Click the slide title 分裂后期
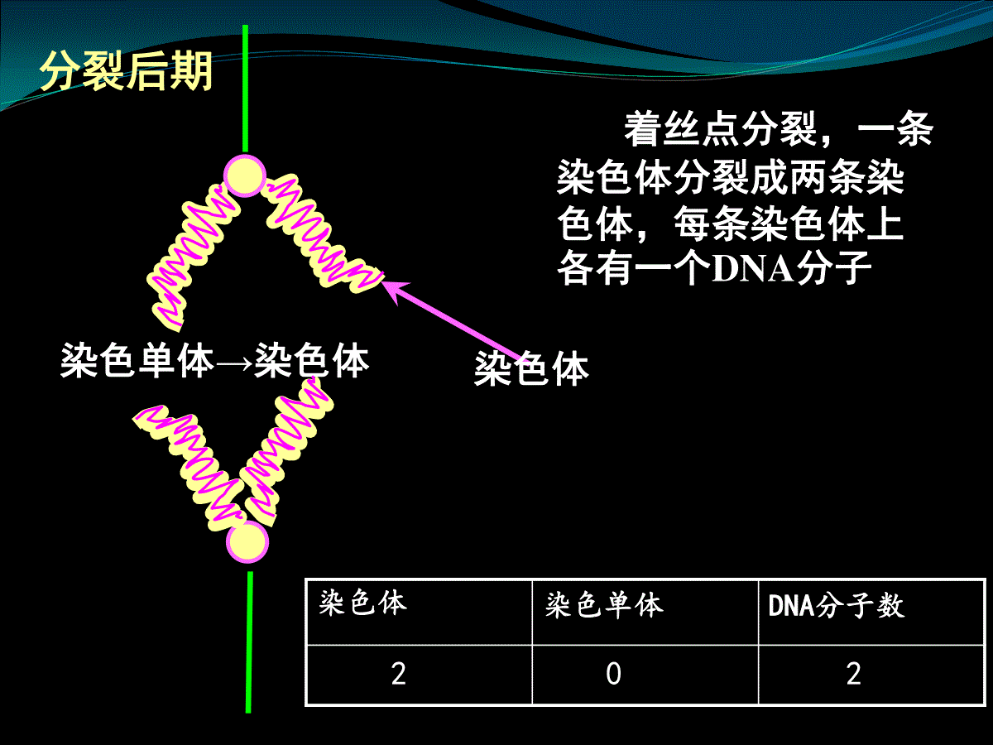coord(127,71)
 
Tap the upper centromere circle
coord(245,176)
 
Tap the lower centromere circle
coord(247,542)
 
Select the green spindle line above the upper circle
coord(245,89)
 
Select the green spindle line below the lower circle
coord(249,642)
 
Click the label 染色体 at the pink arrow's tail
coord(531,368)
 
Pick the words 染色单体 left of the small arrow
coord(137,360)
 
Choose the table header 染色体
coord(363,603)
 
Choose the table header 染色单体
coord(604,605)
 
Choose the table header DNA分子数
coord(837,605)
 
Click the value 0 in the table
coord(613,674)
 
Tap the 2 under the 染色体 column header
coord(399,674)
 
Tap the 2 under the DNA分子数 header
coord(854,674)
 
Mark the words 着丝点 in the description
coord(682,129)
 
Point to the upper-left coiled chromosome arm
coord(192,256)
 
